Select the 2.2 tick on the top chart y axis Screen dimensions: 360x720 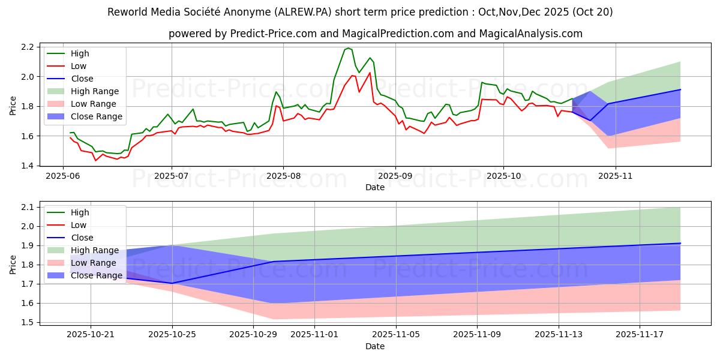pos(28,47)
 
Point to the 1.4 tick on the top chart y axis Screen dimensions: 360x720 pos(28,166)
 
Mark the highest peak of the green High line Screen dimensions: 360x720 pos(348,48)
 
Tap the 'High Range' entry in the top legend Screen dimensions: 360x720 pos(94,91)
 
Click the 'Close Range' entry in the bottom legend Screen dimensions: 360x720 pos(96,275)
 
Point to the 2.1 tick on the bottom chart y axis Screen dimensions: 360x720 pos(28,207)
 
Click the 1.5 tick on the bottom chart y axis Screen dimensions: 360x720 pos(28,322)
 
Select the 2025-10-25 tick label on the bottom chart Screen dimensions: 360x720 pos(172,335)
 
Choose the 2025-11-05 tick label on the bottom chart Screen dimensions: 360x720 pos(396,335)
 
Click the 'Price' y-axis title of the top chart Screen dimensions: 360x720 pos(13,106)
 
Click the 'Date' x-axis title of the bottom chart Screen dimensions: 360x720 pos(375,347)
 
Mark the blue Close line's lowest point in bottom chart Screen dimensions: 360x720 pos(172,283)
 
